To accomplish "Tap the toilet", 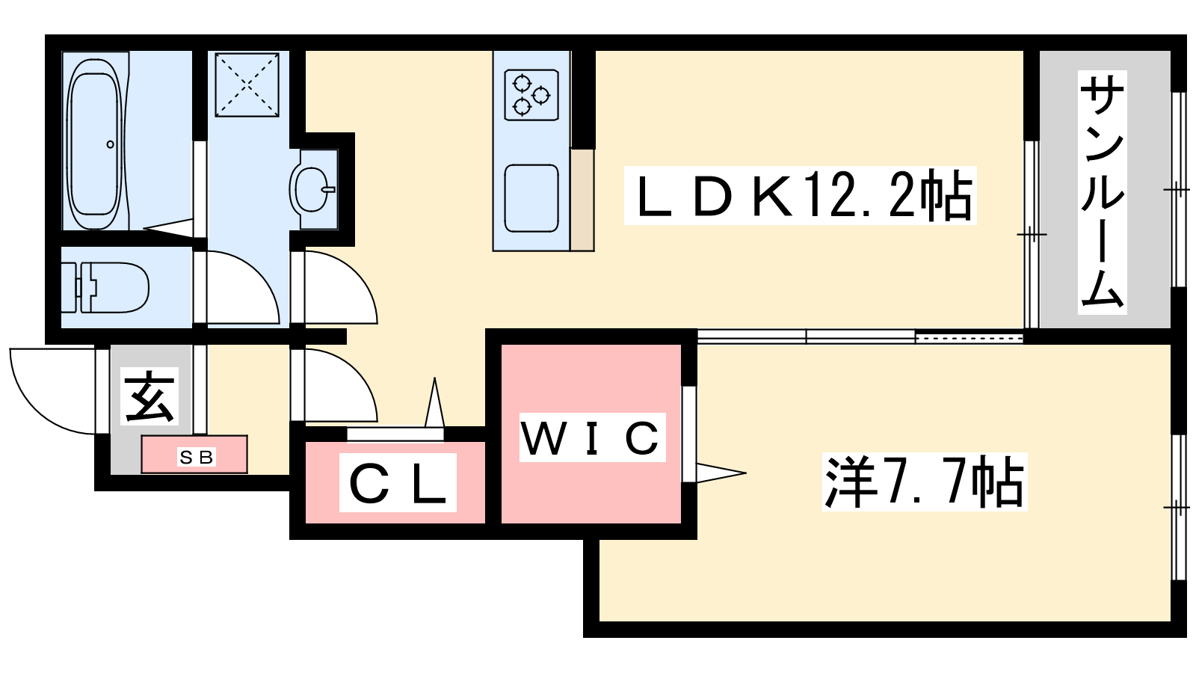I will pyautogui.click(x=112, y=287).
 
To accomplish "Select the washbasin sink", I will pyautogui.click(x=311, y=189).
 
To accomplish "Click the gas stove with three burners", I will pyautogui.click(x=531, y=94).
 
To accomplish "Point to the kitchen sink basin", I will pyautogui.click(x=531, y=198).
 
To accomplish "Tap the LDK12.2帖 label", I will pyautogui.click(x=801, y=196).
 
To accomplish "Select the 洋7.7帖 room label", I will pyautogui.click(x=925, y=482).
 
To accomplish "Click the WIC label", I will pyautogui.click(x=591, y=437).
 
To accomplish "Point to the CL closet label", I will pyautogui.click(x=398, y=484).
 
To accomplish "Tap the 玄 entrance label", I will pyautogui.click(x=150, y=396).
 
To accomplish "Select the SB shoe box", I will pyautogui.click(x=194, y=455).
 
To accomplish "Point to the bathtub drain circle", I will pyautogui.click(x=111, y=144).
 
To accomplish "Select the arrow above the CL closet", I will pyautogui.click(x=434, y=404).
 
